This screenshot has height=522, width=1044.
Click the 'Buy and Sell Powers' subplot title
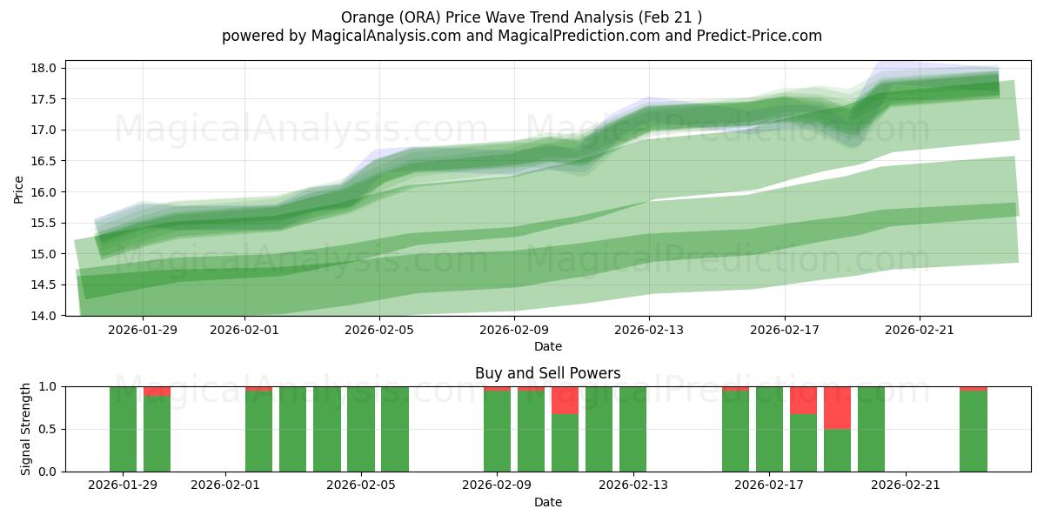coord(547,373)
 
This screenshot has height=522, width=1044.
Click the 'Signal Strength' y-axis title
coord(26,428)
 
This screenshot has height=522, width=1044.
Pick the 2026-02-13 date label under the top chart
coord(649,330)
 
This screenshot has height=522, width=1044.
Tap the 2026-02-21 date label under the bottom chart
coord(907,485)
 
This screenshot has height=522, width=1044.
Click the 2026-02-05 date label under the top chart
coord(379,330)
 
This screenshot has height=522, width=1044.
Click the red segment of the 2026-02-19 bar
coord(837,407)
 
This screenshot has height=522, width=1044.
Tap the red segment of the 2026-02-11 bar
coord(565,400)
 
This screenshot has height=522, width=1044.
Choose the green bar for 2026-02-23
coord(973,432)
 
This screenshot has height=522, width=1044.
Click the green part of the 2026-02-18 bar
coord(803,443)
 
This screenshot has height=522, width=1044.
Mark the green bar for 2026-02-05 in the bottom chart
coord(361,429)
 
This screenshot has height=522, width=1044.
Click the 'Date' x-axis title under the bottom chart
coord(547,502)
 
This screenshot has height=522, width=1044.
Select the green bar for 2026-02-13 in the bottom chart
coord(632,429)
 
